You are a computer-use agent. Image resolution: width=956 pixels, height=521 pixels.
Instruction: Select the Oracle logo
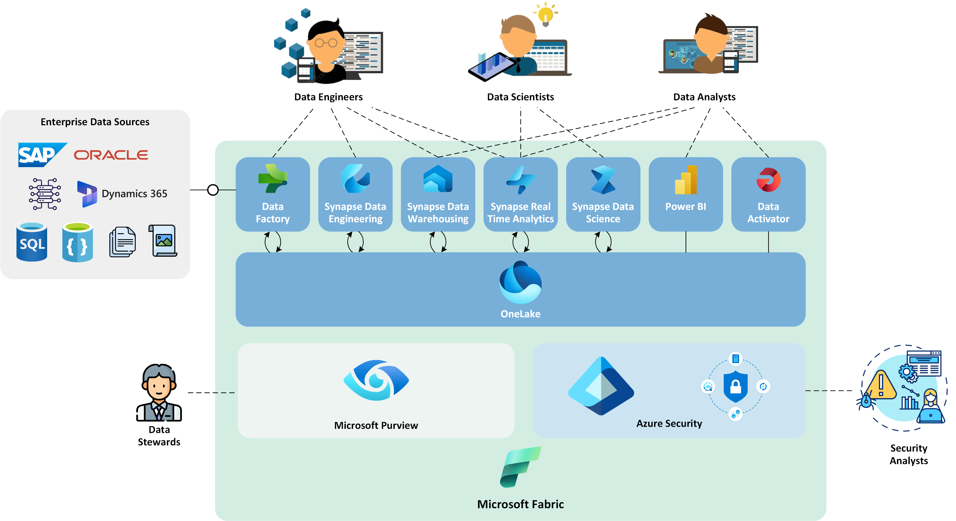(111, 155)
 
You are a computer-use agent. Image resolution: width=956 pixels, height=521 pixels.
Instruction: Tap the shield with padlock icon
(735, 387)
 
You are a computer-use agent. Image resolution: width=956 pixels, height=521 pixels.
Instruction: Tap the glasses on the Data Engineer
(326, 43)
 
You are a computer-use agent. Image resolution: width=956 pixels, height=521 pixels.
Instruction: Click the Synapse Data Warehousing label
(438, 213)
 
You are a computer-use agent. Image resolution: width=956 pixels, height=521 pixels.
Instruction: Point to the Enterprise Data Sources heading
(95, 122)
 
